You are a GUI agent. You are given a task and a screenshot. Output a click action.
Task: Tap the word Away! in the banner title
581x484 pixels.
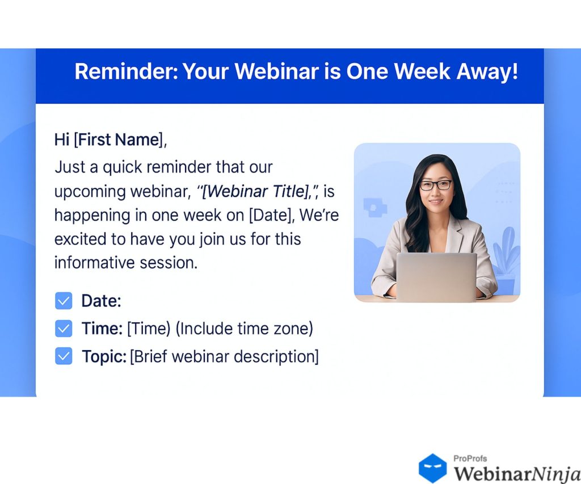487,71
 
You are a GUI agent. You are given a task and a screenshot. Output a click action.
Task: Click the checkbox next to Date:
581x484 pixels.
64,301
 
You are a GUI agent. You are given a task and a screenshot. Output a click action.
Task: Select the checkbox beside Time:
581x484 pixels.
64,329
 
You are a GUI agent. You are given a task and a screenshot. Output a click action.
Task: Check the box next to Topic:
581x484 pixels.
64,356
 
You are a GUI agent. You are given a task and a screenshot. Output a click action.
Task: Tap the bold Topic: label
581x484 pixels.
104,356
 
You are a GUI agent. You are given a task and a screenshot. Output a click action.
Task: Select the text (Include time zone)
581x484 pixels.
244,329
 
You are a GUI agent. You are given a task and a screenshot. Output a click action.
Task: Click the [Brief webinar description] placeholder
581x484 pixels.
224,356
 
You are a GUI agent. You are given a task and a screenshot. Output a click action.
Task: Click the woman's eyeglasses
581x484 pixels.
436,184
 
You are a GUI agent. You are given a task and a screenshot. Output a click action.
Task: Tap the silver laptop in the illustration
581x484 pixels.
436,276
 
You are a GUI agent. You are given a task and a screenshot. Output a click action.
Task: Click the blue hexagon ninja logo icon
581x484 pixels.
432,468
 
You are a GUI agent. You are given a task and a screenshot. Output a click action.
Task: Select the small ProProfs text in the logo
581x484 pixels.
470,458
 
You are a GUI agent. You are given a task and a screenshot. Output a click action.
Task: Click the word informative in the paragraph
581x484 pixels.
95,263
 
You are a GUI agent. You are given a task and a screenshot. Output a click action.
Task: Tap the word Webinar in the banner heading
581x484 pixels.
276,71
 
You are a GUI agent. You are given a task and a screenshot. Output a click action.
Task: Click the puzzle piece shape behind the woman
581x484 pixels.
374,208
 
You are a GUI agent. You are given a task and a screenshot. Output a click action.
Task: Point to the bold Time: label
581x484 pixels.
102,329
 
